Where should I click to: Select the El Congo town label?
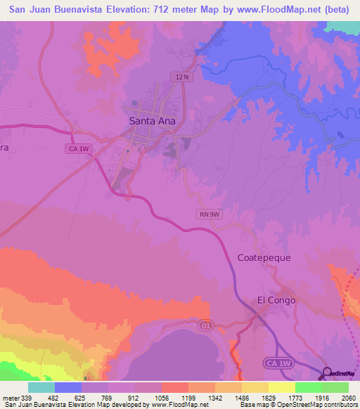coord(276,300)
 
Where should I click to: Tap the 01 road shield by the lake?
coord(206,325)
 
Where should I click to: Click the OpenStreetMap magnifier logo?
coord(328,372)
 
